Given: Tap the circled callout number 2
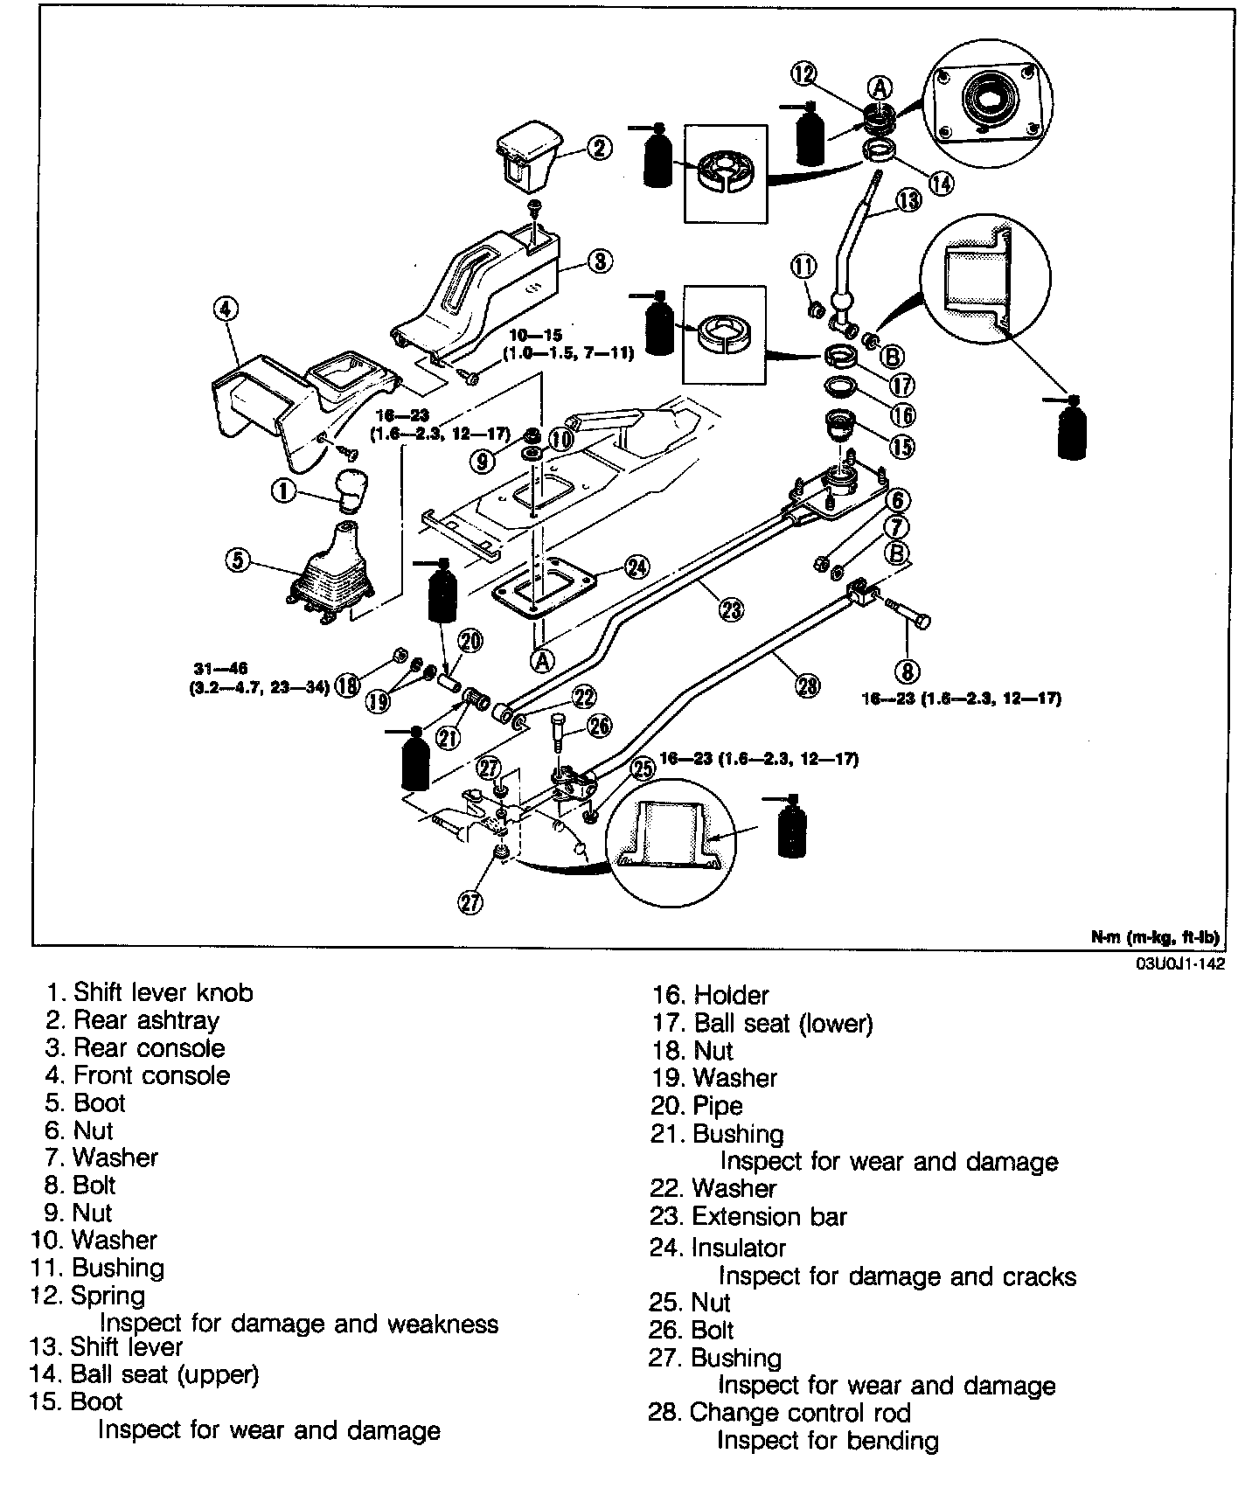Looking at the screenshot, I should [599, 147].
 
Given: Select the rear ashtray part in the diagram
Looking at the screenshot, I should [527, 160].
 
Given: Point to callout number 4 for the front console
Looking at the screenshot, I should [225, 309].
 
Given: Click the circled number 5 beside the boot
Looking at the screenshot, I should [238, 559].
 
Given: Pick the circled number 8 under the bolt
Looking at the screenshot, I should [906, 671].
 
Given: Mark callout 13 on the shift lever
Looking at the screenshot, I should [908, 200].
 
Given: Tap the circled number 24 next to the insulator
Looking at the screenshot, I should [637, 567].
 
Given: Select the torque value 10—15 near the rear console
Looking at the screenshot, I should [538, 335].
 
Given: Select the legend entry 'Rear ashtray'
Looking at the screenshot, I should [146, 1020].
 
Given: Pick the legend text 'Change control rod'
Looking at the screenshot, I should [800, 1413].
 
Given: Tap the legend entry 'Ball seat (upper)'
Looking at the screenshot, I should [164, 1375].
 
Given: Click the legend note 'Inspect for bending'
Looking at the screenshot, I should [827, 1441].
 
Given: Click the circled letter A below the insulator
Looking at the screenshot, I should [542, 661].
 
